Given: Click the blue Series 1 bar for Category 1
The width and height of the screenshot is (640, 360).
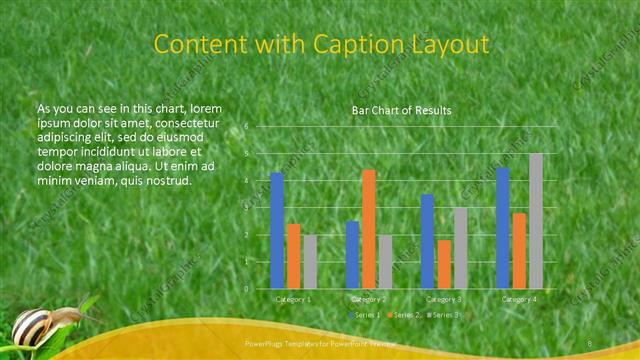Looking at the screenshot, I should pyautogui.click(x=277, y=231).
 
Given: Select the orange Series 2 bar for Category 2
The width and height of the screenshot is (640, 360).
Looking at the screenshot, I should pyautogui.click(x=368, y=229).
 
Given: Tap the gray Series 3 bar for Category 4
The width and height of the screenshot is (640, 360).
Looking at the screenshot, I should pyautogui.click(x=536, y=221).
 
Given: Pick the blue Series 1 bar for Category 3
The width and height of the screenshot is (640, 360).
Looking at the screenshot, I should pyautogui.click(x=427, y=241).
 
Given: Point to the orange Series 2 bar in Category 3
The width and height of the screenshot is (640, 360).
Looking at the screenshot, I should pyautogui.click(x=444, y=264).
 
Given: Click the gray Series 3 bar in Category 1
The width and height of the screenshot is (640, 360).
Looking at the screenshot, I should pyautogui.click(x=310, y=261).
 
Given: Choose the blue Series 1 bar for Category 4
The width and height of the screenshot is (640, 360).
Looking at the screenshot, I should pyautogui.click(x=503, y=228).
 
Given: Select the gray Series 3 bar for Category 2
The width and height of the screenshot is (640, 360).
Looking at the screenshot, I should pyautogui.click(x=385, y=261).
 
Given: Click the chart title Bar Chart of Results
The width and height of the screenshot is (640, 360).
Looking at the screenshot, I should pyautogui.click(x=401, y=110).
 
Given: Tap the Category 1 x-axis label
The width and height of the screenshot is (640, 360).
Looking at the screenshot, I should pyautogui.click(x=293, y=299).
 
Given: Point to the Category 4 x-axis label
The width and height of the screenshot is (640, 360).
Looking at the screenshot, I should pyautogui.click(x=518, y=299).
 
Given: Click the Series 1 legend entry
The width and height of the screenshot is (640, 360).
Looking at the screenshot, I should pyautogui.click(x=365, y=315).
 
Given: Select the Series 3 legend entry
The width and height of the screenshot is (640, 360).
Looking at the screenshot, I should pyautogui.click(x=444, y=315).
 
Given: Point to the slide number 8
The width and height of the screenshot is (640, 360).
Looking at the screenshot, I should pyautogui.click(x=590, y=344).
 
